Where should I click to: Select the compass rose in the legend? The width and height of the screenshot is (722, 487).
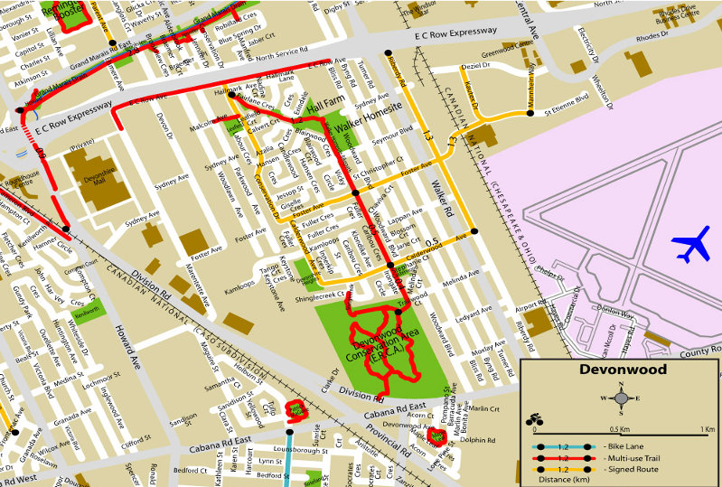[621, 398]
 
